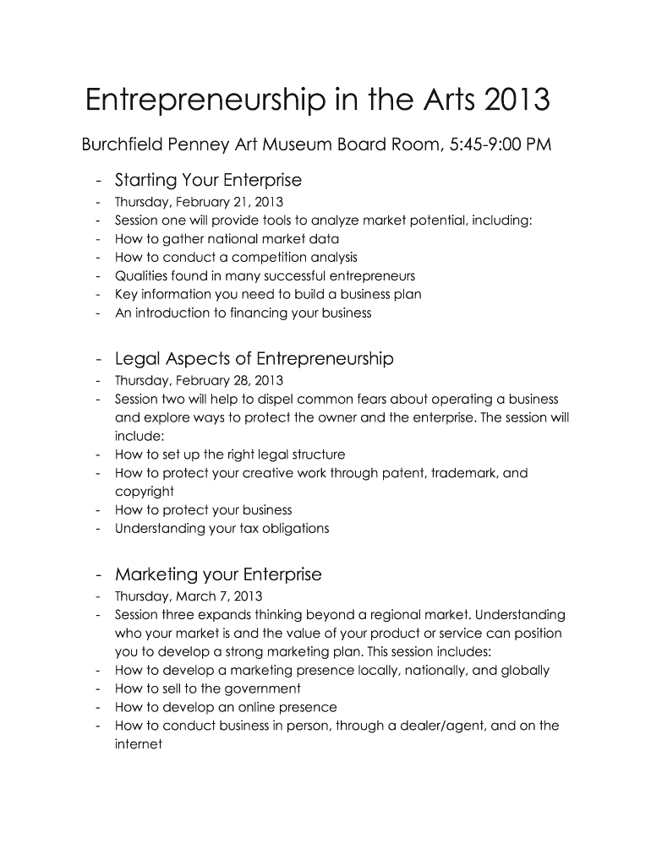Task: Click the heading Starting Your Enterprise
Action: pyautogui.click(x=208, y=180)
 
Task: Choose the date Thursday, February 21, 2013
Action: pyautogui.click(x=199, y=202)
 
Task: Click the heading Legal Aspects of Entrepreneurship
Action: pyautogui.click(x=254, y=359)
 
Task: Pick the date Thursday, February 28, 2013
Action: pyautogui.click(x=199, y=381)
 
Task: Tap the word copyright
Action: pyautogui.click(x=145, y=492)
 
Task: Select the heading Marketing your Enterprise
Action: pyautogui.click(x=218, y=575)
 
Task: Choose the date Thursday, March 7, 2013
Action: pyautogui.click(x=183, y=596)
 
